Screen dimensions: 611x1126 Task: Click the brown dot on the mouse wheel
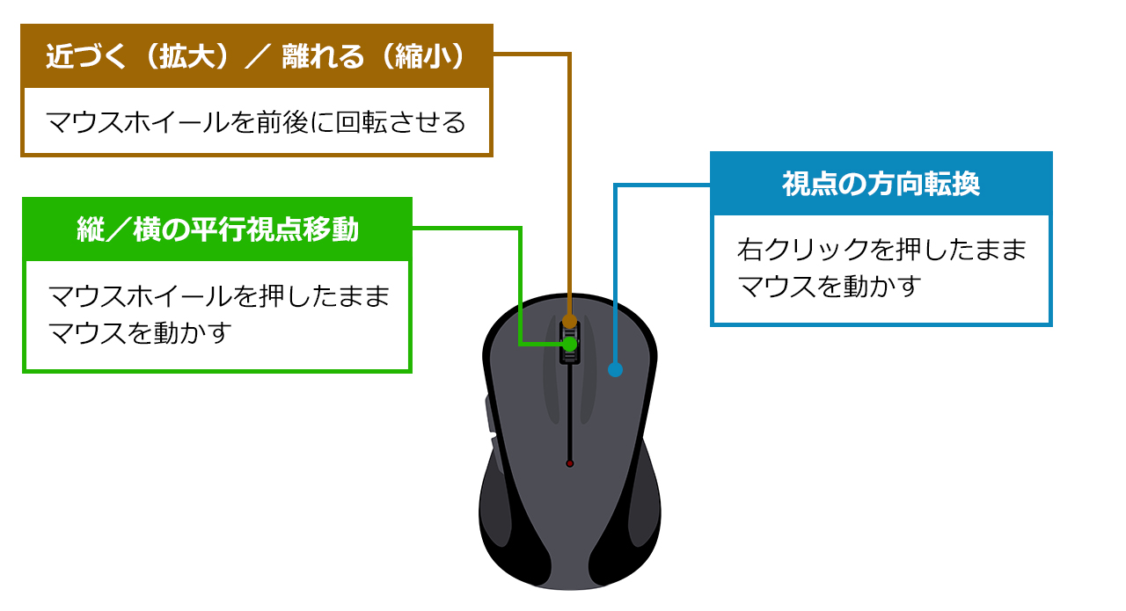[x=569, y=321]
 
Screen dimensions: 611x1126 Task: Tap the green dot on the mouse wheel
[x=569, y=344]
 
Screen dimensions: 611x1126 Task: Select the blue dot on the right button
[x=615, y=370]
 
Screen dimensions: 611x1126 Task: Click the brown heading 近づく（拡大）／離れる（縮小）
[x=255, y=57]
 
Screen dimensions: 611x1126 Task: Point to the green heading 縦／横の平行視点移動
[x=217, y=229]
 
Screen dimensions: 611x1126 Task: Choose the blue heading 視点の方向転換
[x=881, y=185]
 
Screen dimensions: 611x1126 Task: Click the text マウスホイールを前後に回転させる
[x=255, y=122]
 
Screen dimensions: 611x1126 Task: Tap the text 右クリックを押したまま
[x=881, y=250]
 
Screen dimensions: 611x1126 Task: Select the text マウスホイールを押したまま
[x=218, y=296]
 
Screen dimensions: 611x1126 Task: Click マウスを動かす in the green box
[x=140, y=333]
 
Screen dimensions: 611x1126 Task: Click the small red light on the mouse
[x=570, y=463]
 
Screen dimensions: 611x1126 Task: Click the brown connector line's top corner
[x=570, y=55]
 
